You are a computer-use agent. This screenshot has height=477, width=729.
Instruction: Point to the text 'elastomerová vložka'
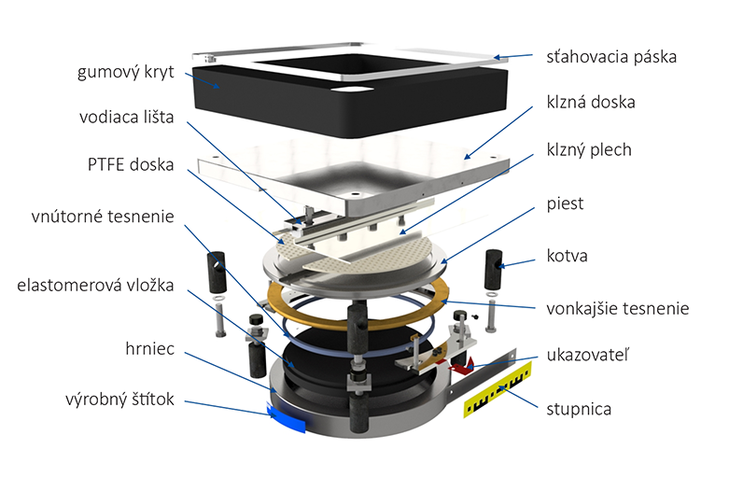(99, 285)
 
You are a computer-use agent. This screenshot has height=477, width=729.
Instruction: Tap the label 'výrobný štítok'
(119, 402)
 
